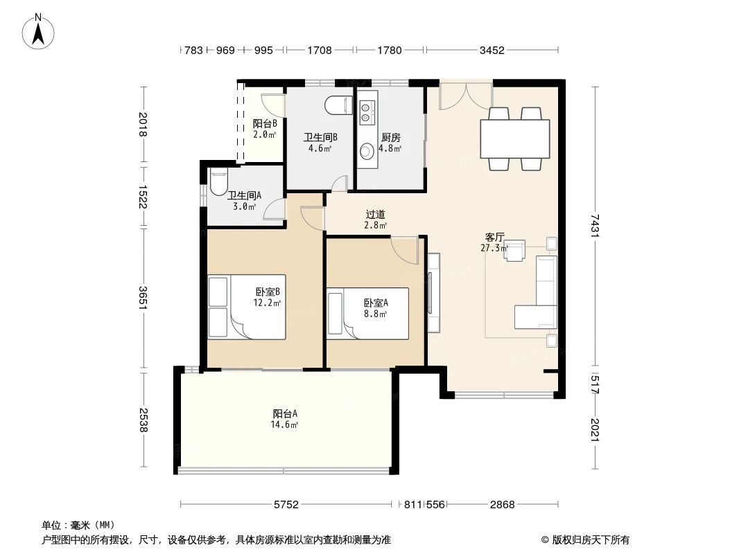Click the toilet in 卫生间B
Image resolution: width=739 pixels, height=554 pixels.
pyautogui.click(x=339, y=105)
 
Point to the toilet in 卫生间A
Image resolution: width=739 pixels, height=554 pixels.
pyautogui.click(x=218, y=181)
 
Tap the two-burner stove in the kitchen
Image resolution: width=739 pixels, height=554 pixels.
pyautogui.click(x=367, y=108)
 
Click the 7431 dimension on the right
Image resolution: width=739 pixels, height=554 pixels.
pyautogui.click(x=594, y=226)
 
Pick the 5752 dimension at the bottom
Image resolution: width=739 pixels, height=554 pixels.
pyautogui.click(x=286, y=505)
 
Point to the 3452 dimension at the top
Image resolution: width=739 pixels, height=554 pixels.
pyautogui.click(x=492, y=50)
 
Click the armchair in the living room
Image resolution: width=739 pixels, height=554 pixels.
pyautogui.click(x=514, y=251)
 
